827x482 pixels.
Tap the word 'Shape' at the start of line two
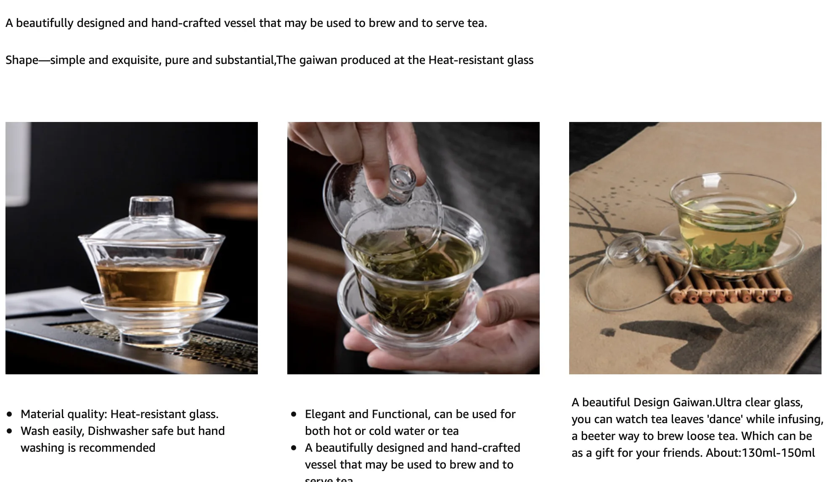(x=22, y=60)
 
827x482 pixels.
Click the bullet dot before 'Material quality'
(x=10, y=415)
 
